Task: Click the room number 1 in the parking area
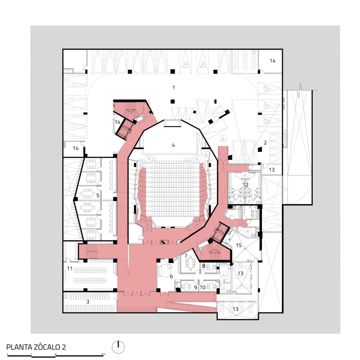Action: [174, 87]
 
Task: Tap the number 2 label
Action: [265, 143]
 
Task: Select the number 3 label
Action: [88, 302]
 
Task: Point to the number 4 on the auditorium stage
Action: [174, 145]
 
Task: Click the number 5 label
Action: [98, 195]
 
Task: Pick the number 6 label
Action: [171, 276]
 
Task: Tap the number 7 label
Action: [186, 256]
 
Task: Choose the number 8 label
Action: [204, 265]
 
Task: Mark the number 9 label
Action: [195, 287]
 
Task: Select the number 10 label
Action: [202, 287]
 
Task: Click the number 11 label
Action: [69, 269]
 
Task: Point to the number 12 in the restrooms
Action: [246, 185]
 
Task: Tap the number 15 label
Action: [238, 245]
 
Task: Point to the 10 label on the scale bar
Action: [55, 354]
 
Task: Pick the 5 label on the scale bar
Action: [31, 354]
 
